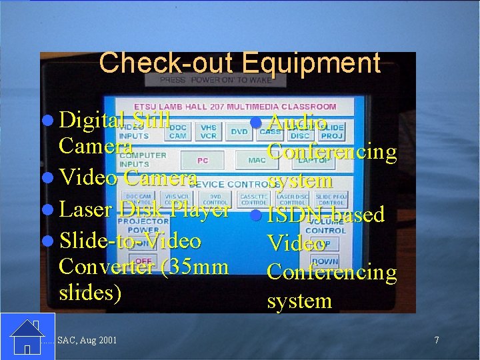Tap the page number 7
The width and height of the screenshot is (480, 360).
(x=437, y=340)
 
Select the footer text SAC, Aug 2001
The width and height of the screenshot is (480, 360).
(x=87, y=341)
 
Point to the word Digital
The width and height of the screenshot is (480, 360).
(x=92, y=120)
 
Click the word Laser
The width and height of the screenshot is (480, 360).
(x=85, y=209)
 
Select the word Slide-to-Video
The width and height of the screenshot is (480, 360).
(x=130, y=240)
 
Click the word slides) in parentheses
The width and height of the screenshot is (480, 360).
(x=91, y=293)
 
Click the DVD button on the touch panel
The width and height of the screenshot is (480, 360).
(x=239, y=132)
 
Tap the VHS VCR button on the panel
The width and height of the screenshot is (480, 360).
(x=209, y=131)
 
